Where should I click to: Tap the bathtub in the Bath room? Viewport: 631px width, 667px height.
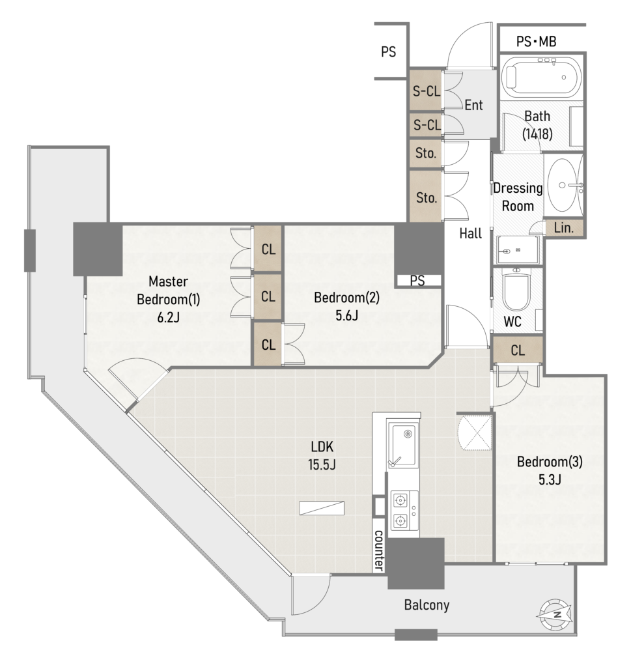tap(541, 77)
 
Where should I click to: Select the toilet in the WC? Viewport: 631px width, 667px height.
tap(516, 290)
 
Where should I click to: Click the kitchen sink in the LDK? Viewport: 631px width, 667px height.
tap(402, 445)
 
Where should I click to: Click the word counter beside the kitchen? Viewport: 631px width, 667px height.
tap(378, 550)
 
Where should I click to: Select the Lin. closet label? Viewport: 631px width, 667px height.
tap(564, 228)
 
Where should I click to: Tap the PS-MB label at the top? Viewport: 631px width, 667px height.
tap(536, 41)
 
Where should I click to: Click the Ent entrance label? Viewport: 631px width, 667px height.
tap(473, 105)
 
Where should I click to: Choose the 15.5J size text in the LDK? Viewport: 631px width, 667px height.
tap(322, 464)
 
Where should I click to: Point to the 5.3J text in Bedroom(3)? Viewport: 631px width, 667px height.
tap(550, 479)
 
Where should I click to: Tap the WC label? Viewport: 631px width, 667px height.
tap(512, 322)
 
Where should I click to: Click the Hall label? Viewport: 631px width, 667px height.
tap(471, 233)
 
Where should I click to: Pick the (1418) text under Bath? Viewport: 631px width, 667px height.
tap(537, 134)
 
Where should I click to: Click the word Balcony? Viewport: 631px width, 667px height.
tap(427, 605)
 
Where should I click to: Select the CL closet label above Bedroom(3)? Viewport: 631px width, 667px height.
tap(518, 350)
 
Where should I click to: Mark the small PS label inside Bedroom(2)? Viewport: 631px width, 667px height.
tap(417, 281)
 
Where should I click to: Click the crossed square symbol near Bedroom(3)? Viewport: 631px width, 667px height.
tap(475, 433)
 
